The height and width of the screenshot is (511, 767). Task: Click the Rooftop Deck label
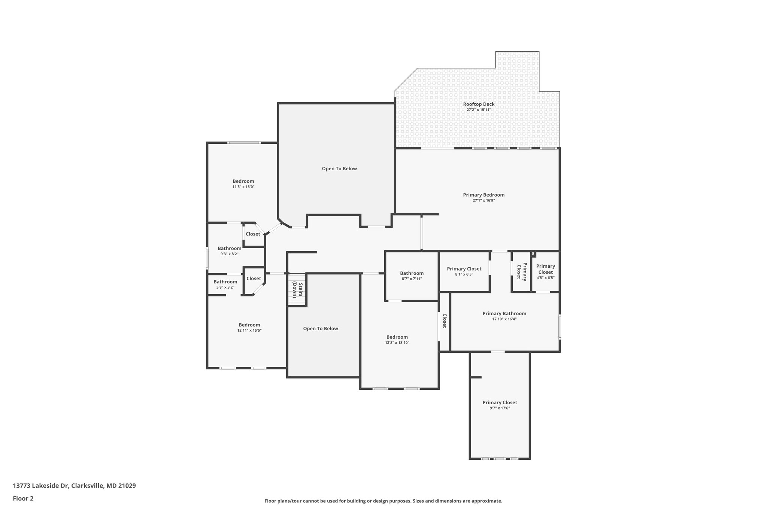click(x=479, y=104)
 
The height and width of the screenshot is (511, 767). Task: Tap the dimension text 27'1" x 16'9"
click(x=483, y=200)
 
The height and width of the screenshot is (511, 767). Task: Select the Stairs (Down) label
click(x=297, y=289)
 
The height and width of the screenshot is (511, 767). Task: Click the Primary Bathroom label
click(x=504, y=313)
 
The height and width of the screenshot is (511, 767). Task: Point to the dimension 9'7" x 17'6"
click(x=500, y=408)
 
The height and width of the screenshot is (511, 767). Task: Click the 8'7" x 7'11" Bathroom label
click(x=412, y=273)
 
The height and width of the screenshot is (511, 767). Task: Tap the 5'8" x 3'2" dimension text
click(x=225, y=287)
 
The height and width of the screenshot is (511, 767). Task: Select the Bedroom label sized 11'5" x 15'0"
click(x=243, y=181)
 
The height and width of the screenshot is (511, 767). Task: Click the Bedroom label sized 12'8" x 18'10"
click(x=397, y=337)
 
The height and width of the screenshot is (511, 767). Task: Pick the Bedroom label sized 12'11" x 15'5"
click(x=249, y=325)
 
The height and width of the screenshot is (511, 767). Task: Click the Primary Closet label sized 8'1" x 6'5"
click(x=464, y=269)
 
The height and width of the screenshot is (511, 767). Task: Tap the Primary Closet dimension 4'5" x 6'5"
click(x=545, y=278)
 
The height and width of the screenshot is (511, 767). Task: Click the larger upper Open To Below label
click(x=339, y=168)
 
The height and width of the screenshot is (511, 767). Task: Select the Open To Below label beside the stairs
click(x=321, y=328)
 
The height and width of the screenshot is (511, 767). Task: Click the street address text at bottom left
click(x=74, y=486)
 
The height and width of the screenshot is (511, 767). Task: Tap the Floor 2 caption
click(x=23, y=498)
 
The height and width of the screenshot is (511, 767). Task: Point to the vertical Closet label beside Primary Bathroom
click(x=445, y=321)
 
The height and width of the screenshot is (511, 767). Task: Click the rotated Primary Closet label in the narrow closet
click(x=522, y=271)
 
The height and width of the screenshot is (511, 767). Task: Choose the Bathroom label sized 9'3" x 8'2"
click(x=229, y=248)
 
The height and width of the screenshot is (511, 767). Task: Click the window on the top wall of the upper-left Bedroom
click(x=244, y=143)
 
